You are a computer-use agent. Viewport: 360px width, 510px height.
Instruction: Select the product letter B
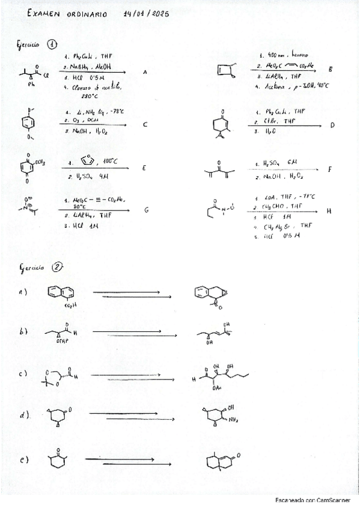pos(331,70)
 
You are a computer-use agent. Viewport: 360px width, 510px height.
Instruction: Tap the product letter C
pos(145,125)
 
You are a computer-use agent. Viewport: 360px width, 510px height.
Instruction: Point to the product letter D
pos(332,126)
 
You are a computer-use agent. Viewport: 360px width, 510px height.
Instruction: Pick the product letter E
pos(144,168)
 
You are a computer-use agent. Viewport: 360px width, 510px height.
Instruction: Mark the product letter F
pos(330,170)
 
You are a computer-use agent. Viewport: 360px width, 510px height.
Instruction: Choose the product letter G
pos(146,210)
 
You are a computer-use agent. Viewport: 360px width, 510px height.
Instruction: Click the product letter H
pos(329,211)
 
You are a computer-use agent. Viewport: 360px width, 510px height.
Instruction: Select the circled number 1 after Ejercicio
pos(52,44)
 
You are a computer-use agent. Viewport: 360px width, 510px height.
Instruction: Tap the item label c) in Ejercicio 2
pos(23,373)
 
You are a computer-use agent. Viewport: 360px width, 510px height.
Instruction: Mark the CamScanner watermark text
pos(308,500)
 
